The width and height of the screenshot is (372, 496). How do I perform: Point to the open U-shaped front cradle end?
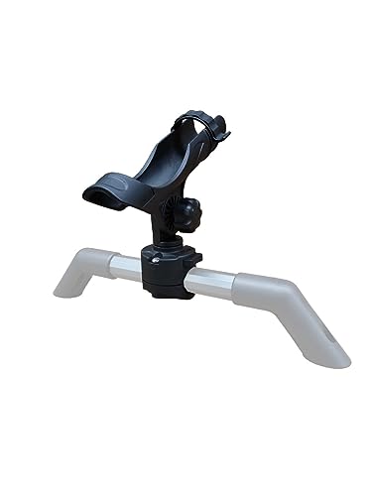coord(101,193)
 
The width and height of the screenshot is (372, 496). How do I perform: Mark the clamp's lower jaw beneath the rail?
coord(164,291)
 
